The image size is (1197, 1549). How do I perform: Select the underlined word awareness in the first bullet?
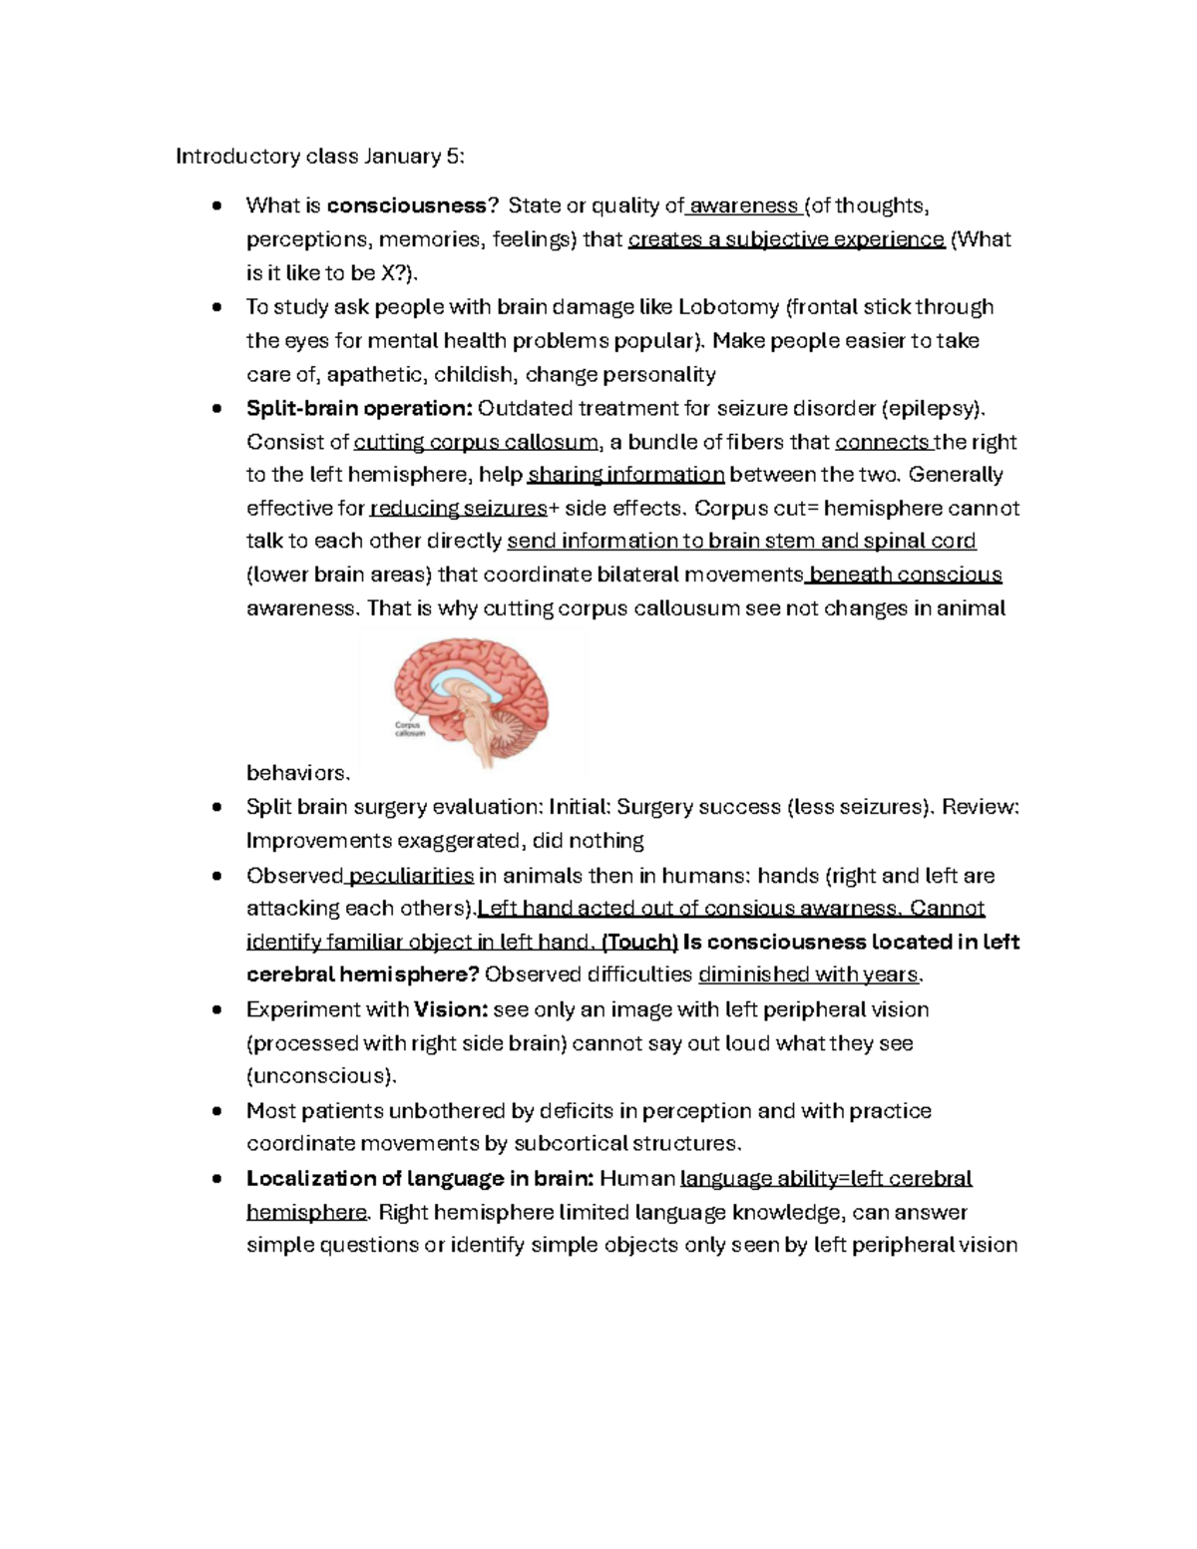coord(743,205)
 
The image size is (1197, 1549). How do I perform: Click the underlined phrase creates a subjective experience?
coord(786,239)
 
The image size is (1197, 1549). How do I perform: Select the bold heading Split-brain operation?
coord(359,408)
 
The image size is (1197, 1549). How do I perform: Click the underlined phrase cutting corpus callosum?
coord(476,442)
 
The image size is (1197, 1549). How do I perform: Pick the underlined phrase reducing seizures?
coord(458,509)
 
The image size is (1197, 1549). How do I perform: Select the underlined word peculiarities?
coord(410,876)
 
